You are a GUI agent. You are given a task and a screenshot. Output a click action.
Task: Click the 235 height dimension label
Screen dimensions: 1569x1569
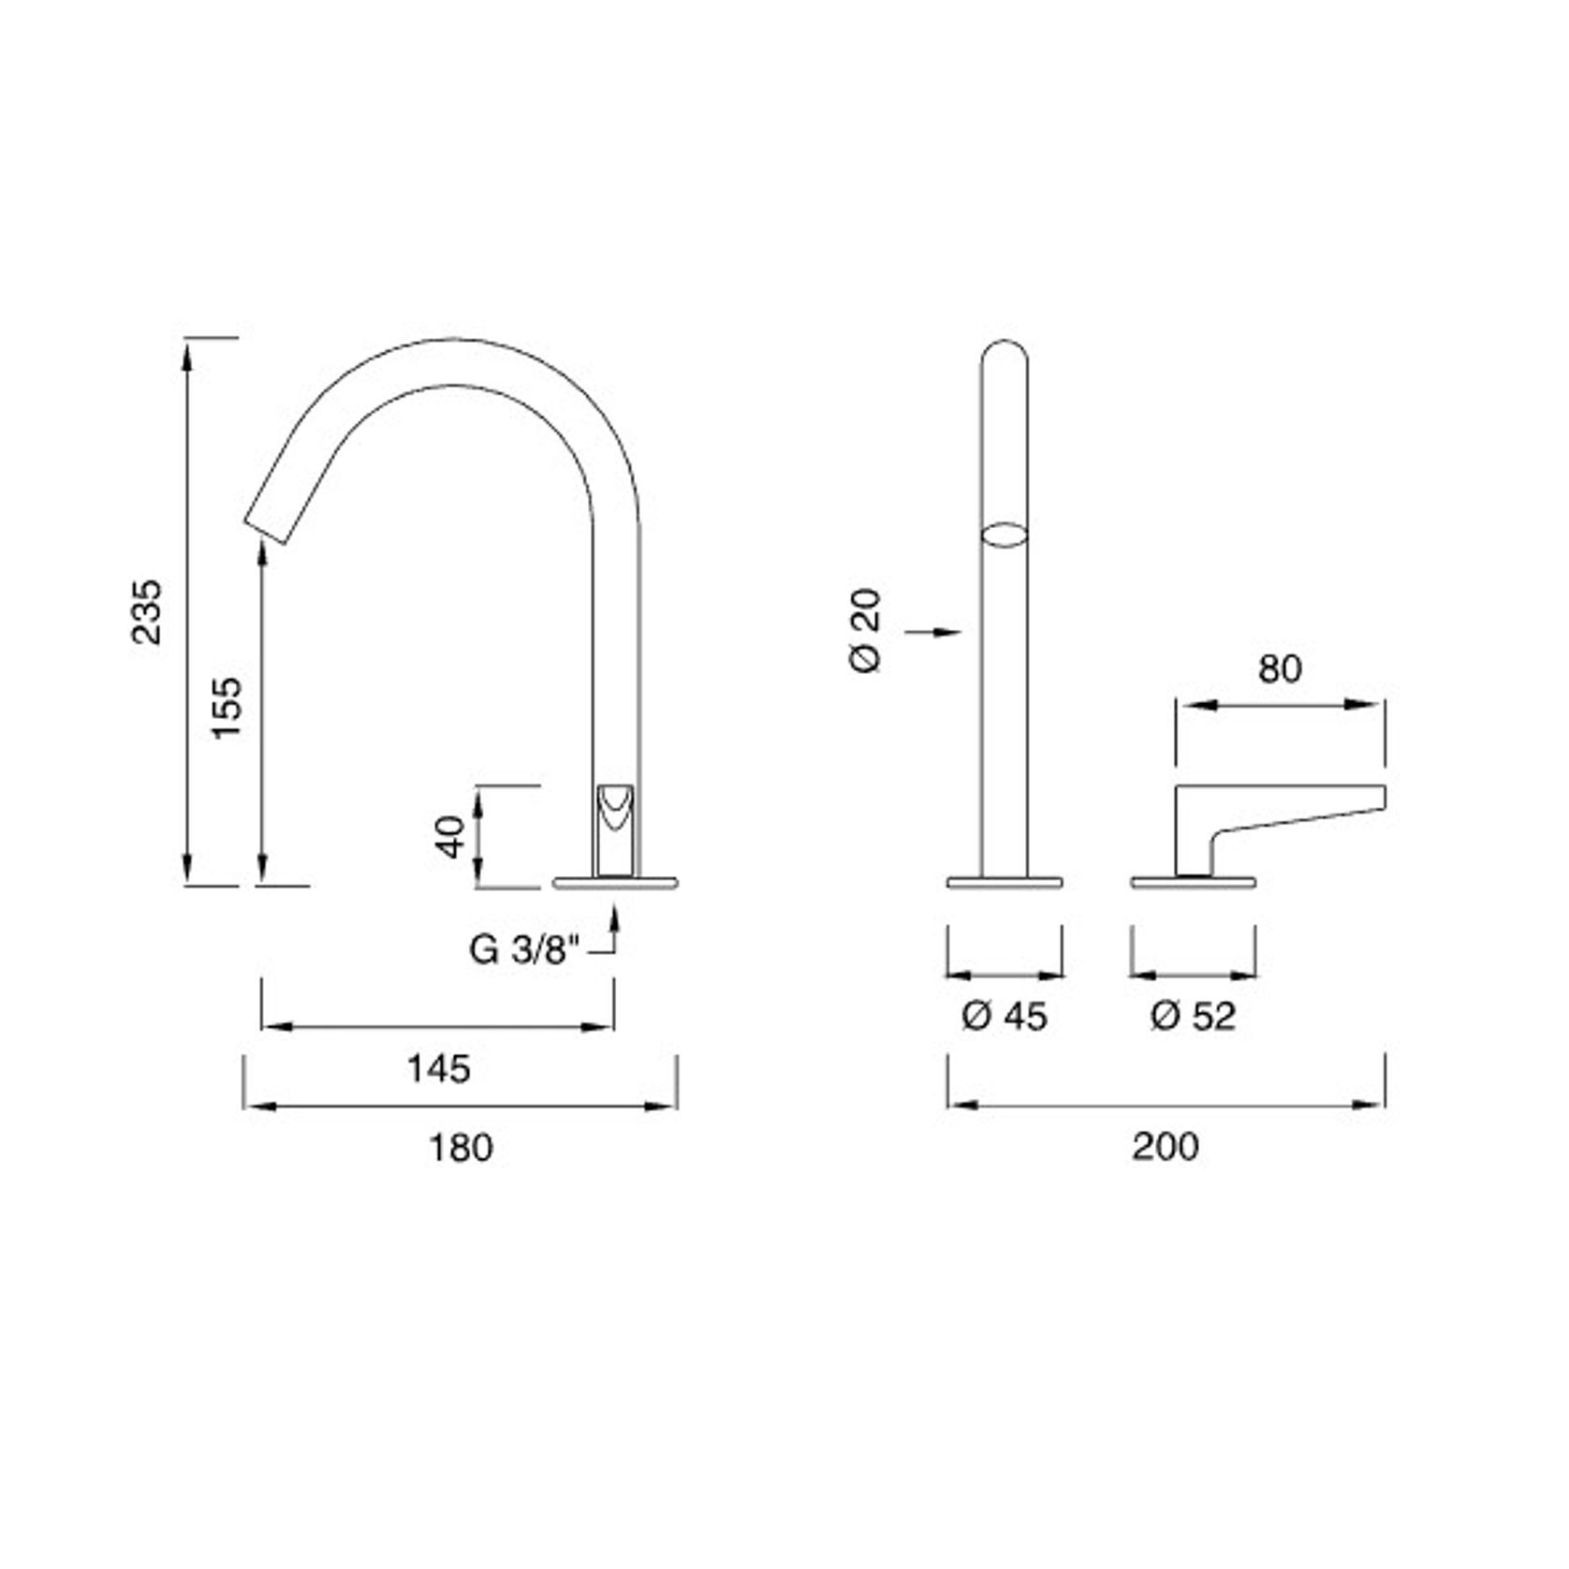[x=147, y=611]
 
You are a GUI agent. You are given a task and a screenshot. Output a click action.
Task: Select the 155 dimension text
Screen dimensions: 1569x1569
[x=227, y=707]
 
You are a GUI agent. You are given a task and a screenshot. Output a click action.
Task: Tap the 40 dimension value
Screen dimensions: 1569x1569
[x=450, y=836]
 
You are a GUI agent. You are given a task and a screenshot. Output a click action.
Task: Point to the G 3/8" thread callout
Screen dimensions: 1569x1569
[x=524, y=950]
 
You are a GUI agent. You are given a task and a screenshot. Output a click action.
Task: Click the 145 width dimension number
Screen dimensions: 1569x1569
[x=438, y=1068]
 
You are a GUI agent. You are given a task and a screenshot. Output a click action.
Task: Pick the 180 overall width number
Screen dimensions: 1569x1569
[x=460, y=1147]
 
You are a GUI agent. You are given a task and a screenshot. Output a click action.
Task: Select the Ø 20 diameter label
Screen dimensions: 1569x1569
[x=865, y=629]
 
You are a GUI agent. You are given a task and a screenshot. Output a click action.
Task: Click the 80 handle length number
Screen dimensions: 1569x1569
[x=1279, y=668]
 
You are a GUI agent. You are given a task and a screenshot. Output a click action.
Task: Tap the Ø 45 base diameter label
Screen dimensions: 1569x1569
[x=1004, y=1016]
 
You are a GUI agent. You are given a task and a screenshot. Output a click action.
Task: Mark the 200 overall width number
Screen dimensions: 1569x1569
[x=1165, y=1146]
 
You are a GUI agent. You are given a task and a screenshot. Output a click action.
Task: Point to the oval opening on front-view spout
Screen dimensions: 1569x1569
[x=1004, y=535]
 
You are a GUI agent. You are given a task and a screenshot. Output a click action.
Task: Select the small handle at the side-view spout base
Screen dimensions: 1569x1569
[x=615, y=828]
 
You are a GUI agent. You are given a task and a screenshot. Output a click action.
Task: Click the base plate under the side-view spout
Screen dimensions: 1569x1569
[x=615, y=882]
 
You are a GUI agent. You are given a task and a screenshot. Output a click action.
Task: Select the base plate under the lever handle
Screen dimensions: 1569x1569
[x=1193, y=882]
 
